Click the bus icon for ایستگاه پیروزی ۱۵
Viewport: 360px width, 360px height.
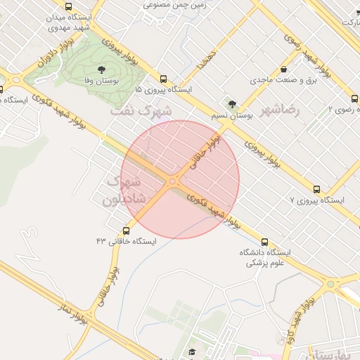pos(163,79)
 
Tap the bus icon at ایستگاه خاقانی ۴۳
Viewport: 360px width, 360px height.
pos(127,231)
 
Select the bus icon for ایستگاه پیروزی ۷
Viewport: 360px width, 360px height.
pos(316,190)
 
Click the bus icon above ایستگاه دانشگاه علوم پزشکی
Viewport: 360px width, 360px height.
pos(264,242)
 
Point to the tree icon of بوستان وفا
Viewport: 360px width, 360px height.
pos(101,70)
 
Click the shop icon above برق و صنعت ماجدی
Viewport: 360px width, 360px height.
pos(283,70)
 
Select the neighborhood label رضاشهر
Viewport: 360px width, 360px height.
pos(280,110)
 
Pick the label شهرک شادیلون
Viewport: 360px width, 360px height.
pos(124,190)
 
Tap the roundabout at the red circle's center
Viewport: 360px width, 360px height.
pos(173,181)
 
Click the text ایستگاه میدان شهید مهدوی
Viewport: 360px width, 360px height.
pos(69,22)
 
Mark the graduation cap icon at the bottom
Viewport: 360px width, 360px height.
pos(192,352)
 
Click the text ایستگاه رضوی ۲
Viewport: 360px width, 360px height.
pos(345,110)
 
